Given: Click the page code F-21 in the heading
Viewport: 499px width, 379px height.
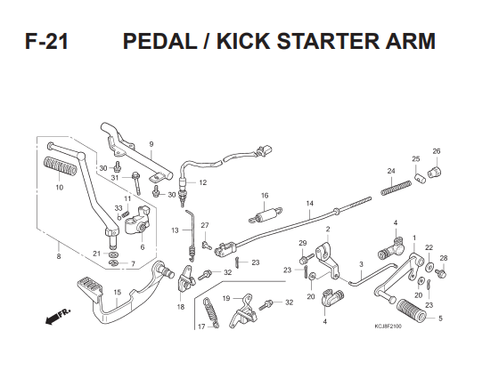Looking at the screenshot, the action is (x=46, y=41).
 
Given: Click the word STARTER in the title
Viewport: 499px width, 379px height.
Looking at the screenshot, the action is (x=328, y=41).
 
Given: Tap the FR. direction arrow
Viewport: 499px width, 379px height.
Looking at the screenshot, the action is (x=58, y=316).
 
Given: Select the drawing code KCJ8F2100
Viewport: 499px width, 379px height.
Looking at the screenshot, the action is (x=388, y=327).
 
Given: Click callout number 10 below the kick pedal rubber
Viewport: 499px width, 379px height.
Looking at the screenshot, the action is (x=59, y=188).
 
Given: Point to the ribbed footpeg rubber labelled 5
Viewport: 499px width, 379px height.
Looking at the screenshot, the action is (x=411, y=310).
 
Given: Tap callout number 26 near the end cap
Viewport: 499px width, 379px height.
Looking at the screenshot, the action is (x=437, y=151).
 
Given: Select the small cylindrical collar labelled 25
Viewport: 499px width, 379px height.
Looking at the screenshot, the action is (x=420, y=178).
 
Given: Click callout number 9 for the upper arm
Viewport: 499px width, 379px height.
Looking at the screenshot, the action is (x=151, y=144).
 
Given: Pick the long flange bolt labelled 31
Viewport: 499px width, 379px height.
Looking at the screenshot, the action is (x=136, y=183).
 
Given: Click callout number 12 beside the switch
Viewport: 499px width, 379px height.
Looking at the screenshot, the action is (x=203, y=182).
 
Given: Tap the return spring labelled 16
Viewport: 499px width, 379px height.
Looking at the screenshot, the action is (x=266, y=214).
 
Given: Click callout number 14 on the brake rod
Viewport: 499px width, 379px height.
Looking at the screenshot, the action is (x=310, y=204).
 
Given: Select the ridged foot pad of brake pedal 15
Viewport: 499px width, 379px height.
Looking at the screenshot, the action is (x=89, y=287).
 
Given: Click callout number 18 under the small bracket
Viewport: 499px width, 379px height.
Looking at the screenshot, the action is (x=180, y=307).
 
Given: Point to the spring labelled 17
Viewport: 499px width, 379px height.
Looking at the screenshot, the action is (x=211, y=313).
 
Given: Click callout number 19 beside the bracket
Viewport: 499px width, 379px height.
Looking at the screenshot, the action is (x=226, y=298).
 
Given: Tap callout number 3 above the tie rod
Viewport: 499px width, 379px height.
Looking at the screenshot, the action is (x=361, y=264).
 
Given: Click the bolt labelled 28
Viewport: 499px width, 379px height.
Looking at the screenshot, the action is (x=441, y=272).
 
